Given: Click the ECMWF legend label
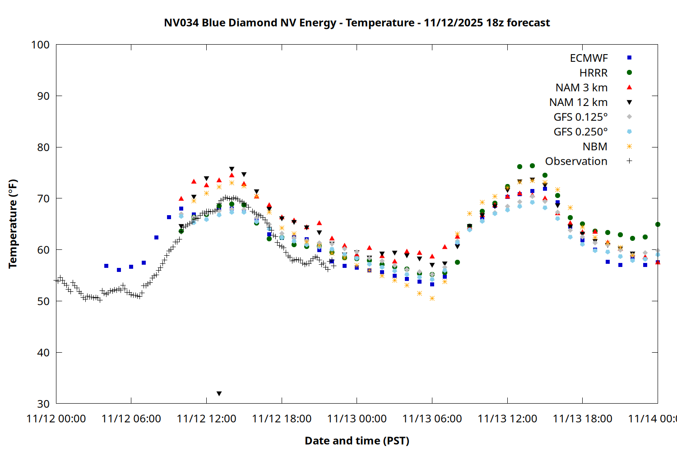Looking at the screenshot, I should click(589, 58).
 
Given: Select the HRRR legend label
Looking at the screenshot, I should click(594, 73).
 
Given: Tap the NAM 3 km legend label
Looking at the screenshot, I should click(581, 87).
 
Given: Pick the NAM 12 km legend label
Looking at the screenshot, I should click(578, 102).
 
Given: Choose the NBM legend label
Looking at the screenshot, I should click(595, 147).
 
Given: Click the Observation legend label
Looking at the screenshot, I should click(576, 161).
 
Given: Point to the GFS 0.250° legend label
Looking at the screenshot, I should click(580, 132).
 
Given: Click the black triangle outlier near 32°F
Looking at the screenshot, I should click(219, 394).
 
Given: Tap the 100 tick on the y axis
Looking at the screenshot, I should click(40, 45).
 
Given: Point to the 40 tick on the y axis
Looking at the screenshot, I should click(43, 353).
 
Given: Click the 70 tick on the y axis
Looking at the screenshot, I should click(43, 198).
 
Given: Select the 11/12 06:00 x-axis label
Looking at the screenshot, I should click(131, 419).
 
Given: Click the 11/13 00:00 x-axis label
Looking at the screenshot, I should click(357, 419).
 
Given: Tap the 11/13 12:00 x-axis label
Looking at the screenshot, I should click(507, 419).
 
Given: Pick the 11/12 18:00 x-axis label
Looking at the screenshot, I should click(282, 419).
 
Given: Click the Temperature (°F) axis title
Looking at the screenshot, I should click(13, 224).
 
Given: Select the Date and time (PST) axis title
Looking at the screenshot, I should click(357, 441).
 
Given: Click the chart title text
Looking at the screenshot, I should click(357, 23).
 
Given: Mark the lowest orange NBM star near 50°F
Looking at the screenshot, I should click(432, 298).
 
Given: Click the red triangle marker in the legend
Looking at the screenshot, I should click(629, 87).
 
